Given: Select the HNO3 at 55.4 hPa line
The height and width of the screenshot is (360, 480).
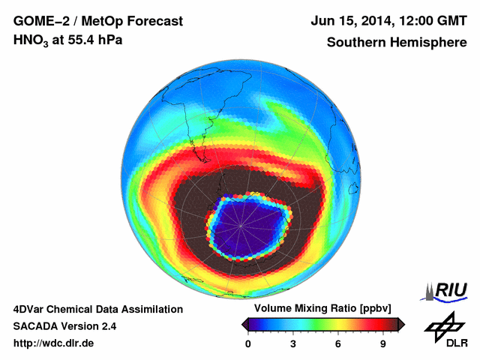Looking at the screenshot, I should [68, 40].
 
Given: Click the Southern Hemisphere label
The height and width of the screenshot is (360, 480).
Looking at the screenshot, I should [396, 42].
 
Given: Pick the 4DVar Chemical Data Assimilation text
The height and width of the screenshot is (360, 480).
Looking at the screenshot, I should [98, 309].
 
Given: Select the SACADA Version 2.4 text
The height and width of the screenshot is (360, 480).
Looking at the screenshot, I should [64, 326].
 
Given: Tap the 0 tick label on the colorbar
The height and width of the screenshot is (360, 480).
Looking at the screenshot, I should [248, 343].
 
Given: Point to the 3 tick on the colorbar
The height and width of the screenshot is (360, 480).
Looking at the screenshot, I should [293, 343].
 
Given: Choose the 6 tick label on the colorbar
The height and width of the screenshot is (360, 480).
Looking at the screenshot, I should [338, 343].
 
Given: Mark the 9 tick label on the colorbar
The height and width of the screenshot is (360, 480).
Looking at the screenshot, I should [382, 343].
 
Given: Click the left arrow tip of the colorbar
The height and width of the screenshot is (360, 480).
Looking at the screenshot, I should [243, 324].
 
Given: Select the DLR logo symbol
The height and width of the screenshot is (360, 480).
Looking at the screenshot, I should [443, 325].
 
